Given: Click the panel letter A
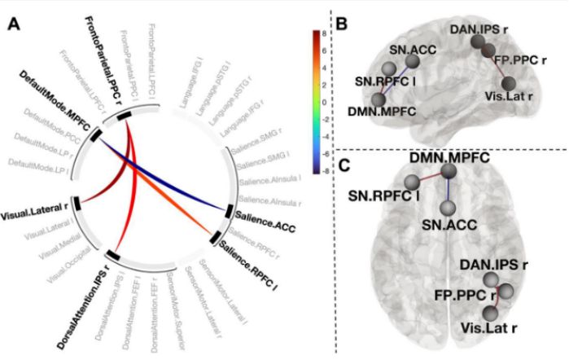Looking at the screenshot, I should tap(15, 24).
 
